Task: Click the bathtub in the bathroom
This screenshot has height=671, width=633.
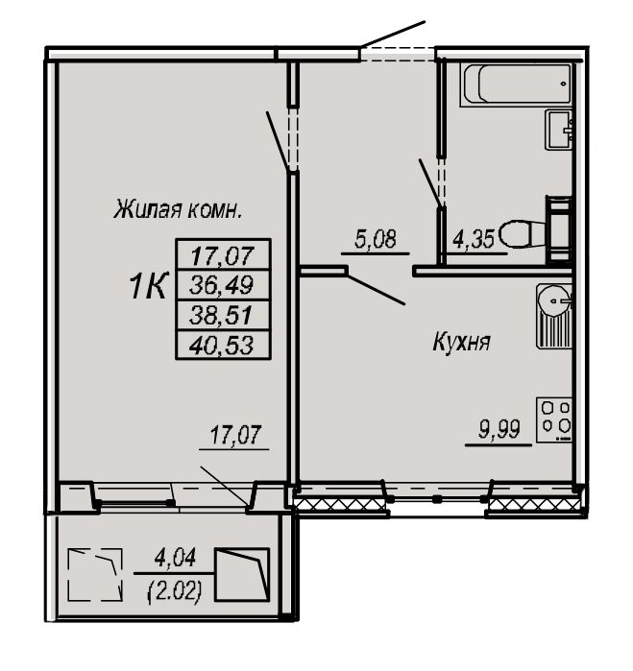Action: pos(516,84)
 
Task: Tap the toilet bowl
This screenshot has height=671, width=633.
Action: pos(523,233)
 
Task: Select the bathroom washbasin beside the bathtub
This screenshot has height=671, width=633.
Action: pos(558,130)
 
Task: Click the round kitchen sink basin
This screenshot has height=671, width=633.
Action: pos(554,300)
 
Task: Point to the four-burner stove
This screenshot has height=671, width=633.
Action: pos(554,419)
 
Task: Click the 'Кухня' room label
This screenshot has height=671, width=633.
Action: pos(461,343)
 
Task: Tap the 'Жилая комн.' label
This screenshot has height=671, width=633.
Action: pos(178,209)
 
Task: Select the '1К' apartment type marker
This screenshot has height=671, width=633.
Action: pos(148,286)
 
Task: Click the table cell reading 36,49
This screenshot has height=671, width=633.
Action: pos(223,285)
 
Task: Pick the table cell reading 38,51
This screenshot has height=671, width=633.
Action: pos(223,316)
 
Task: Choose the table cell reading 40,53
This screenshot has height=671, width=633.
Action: pos(223,345)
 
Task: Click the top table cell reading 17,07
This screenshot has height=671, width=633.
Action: pos(223,254)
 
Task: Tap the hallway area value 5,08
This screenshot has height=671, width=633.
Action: pos(376,239)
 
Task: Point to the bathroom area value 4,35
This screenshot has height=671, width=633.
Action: pos(474,239)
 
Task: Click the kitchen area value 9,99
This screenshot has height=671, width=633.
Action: pos(499,429)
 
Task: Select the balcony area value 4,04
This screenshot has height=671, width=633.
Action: pos(175,558)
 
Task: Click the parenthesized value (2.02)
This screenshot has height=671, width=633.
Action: pos(175,592)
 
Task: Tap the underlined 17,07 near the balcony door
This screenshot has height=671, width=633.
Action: pos(235,434)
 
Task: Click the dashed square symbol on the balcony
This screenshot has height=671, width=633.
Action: pos(95,574)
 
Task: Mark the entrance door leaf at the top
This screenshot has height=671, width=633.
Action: pos(393,34)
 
